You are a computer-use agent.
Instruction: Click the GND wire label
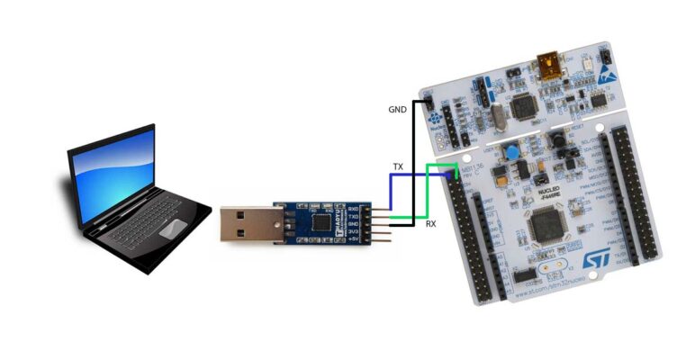pos(397,109)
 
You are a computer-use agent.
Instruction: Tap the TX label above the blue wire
pos(398,167)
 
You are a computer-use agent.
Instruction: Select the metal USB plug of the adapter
pos(247,228)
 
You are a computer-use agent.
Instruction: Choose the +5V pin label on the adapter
pos(353,242)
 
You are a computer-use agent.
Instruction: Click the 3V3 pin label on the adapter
pos(353,233)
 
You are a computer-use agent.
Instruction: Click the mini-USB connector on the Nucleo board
pos(546,65)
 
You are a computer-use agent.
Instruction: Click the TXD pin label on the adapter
pos(353,215)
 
